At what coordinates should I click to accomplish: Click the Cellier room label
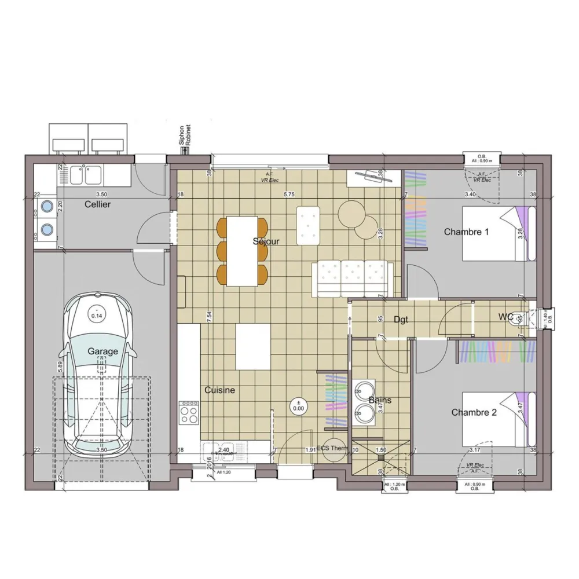(98, 204)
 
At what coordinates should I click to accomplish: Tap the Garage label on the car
(103, 351)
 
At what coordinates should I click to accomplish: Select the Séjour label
(266, 241)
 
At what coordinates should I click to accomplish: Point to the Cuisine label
(219, 390)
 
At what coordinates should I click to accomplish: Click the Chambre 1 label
(467, 232)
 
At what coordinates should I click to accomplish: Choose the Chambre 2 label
(474, 413)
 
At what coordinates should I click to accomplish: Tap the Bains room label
(380, 400)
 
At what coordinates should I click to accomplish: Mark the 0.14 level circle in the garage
(96, 315)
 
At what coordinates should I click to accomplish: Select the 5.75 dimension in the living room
(288, 195)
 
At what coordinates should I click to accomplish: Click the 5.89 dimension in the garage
(60, 366)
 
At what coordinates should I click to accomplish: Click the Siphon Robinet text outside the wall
(184, 137)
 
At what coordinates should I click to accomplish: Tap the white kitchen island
(253, 346)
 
